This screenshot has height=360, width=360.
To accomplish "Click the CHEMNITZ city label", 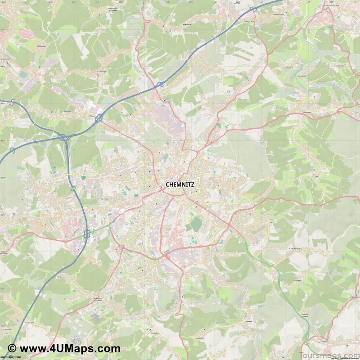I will click(x=180, y=184).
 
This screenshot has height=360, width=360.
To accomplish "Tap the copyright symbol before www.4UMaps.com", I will click(x=12, y=348).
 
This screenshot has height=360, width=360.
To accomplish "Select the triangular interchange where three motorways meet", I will click(x=63, y=137).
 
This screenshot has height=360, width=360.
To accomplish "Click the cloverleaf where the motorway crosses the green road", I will click(x=86, y=234).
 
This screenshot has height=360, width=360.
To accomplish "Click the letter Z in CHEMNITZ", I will click(x=192, y=184).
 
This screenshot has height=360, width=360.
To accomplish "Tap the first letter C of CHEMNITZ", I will click(x=168, y=184).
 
